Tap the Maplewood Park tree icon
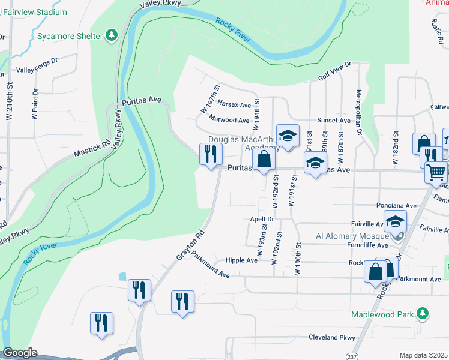pos(423,313)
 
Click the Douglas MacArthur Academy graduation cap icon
pos(288,135)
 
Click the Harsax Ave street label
pos(234,104)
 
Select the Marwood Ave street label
pos(229,120)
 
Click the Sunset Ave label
pos(334,120)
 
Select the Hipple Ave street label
pos(241,260)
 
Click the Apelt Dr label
pos(262,219)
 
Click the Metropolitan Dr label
pos(360,113)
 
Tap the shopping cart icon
pos(436,172)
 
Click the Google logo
pos(20,353)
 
